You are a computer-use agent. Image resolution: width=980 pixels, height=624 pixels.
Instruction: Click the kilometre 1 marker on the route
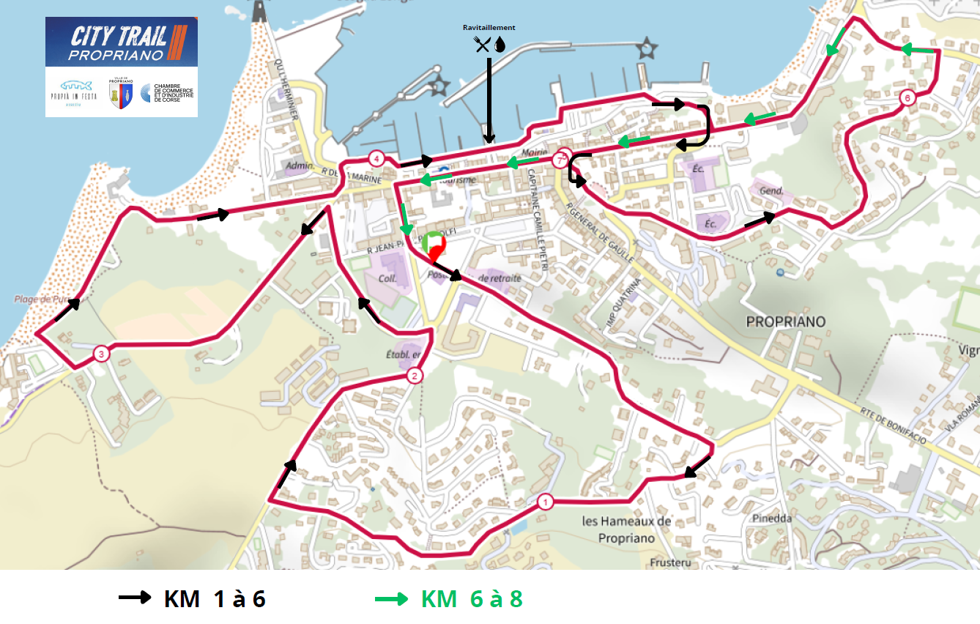click(x=545, y=502)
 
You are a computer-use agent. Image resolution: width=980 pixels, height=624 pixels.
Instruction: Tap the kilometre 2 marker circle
click(x=415, y=376)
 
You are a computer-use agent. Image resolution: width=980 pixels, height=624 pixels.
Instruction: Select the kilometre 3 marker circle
click(x=101, y=354)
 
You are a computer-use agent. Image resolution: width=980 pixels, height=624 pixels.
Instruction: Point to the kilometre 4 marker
click(x=376, y=158)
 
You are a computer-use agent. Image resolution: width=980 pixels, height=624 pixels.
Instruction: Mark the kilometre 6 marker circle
click(x=907, y=97)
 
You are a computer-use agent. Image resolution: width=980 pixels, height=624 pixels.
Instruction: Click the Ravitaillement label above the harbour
click(x=489, y=28)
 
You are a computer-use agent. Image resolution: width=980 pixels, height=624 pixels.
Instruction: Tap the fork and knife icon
click(x=482, y=45)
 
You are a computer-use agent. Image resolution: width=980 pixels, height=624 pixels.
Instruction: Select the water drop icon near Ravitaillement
click(x=500, y=45)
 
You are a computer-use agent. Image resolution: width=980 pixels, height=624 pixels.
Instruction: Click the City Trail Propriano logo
click(x=122, y=42)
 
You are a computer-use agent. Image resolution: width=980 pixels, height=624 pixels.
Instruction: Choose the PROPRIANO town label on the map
click(x=785, y=322)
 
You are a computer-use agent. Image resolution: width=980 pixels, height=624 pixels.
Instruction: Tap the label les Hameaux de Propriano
click(x=626, y=530)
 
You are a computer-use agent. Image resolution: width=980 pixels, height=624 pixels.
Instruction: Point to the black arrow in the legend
click(x=136, y=598)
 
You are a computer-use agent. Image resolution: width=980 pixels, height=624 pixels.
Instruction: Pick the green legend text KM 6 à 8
click(x=472, y=598)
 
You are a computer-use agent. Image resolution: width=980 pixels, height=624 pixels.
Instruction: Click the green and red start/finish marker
click(x=434, y=245)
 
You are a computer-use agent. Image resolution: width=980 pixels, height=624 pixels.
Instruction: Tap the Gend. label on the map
click(x=772, y=191)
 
